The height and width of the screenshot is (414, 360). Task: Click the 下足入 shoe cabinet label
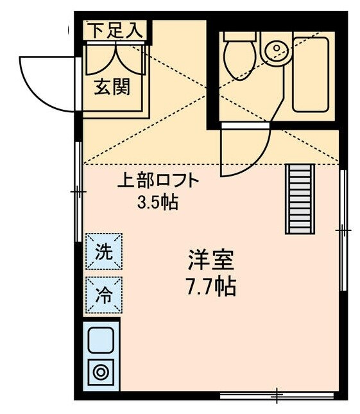point(115,29)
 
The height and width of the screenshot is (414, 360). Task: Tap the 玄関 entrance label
point(113,86)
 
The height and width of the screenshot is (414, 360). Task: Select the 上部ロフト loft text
point(158,181)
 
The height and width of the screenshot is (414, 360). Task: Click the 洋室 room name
point(211,260)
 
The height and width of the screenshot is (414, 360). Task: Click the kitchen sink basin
point(101,339)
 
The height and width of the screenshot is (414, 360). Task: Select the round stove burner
point(101,372)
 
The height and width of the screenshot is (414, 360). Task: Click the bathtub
point(311,74)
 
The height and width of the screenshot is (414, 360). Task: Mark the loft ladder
point(300,198)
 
